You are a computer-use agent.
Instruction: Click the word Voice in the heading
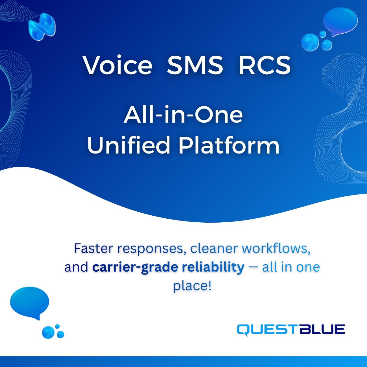[118, 65]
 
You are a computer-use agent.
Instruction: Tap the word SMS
[195, 65]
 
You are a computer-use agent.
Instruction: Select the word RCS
[264, 65]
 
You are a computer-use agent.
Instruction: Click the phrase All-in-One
[183, 116]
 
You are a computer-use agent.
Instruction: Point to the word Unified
[129, 145]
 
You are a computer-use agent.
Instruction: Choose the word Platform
[229, 145]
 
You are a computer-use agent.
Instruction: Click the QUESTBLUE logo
[291, 330]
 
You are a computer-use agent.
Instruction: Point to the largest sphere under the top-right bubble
[310, 42]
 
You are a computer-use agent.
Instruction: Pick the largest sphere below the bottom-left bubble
[48, 332]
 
